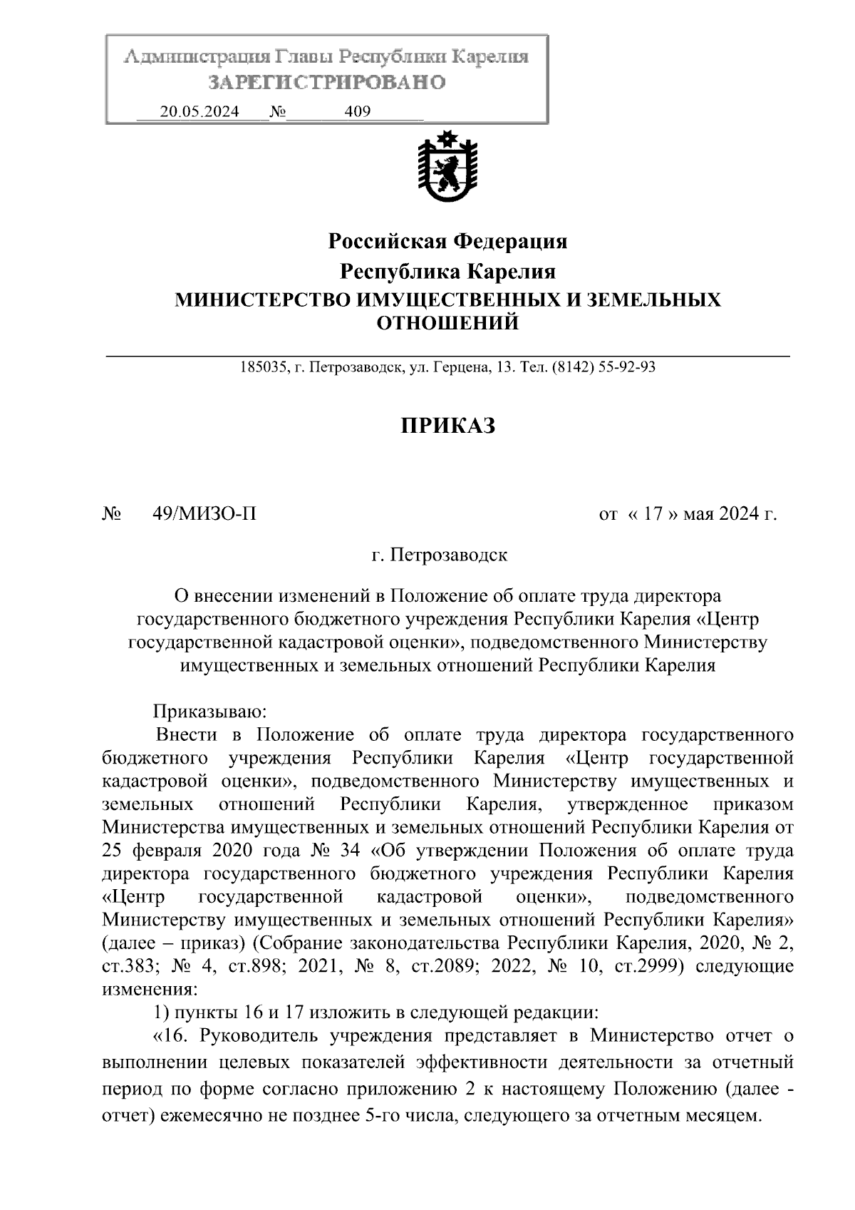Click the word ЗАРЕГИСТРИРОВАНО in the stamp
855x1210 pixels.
[x=326, y=83]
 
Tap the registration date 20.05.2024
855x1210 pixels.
[x=199, y=112]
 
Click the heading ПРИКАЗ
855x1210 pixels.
[x=447, y=426]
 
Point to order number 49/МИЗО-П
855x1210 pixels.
[x=204, y=513]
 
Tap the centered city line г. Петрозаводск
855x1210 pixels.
[x=440, y=554]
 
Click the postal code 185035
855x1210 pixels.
[x=263, y=368]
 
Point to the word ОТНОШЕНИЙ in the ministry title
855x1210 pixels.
[x=447, y=324]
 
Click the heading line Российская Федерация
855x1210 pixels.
[x=447, y=242]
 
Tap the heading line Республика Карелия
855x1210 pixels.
[x=447, y=272]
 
